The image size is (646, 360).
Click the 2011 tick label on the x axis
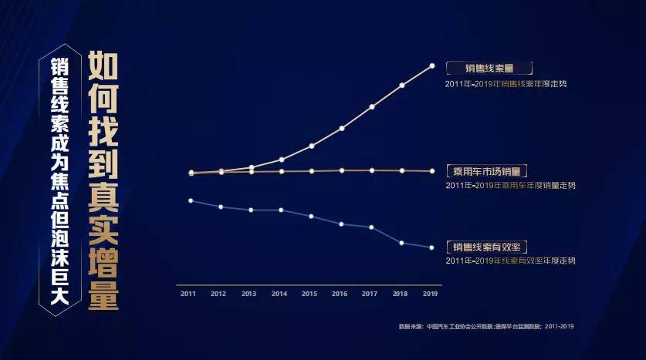(x=188, y=294)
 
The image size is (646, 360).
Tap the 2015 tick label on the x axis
(x=309, y=294)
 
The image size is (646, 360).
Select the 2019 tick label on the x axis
(x=431, y=294)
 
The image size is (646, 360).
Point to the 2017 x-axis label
(x=370, y=294)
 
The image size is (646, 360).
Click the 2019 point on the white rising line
(x=431, y=66)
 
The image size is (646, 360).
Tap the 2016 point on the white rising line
(x=341, y=128)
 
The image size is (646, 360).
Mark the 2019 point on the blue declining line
(x=431, y=247)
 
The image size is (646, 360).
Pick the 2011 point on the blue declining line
(x=191, y=200)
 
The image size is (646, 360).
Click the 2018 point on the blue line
(x=401, y=243)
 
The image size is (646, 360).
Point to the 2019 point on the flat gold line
(x=431, y=170)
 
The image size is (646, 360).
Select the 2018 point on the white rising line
(x=401, y=86)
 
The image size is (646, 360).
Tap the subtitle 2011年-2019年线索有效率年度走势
(x=510, y=261)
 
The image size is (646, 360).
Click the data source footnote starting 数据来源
(x=486, y=327)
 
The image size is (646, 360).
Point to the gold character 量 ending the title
(x=103, y=294)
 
